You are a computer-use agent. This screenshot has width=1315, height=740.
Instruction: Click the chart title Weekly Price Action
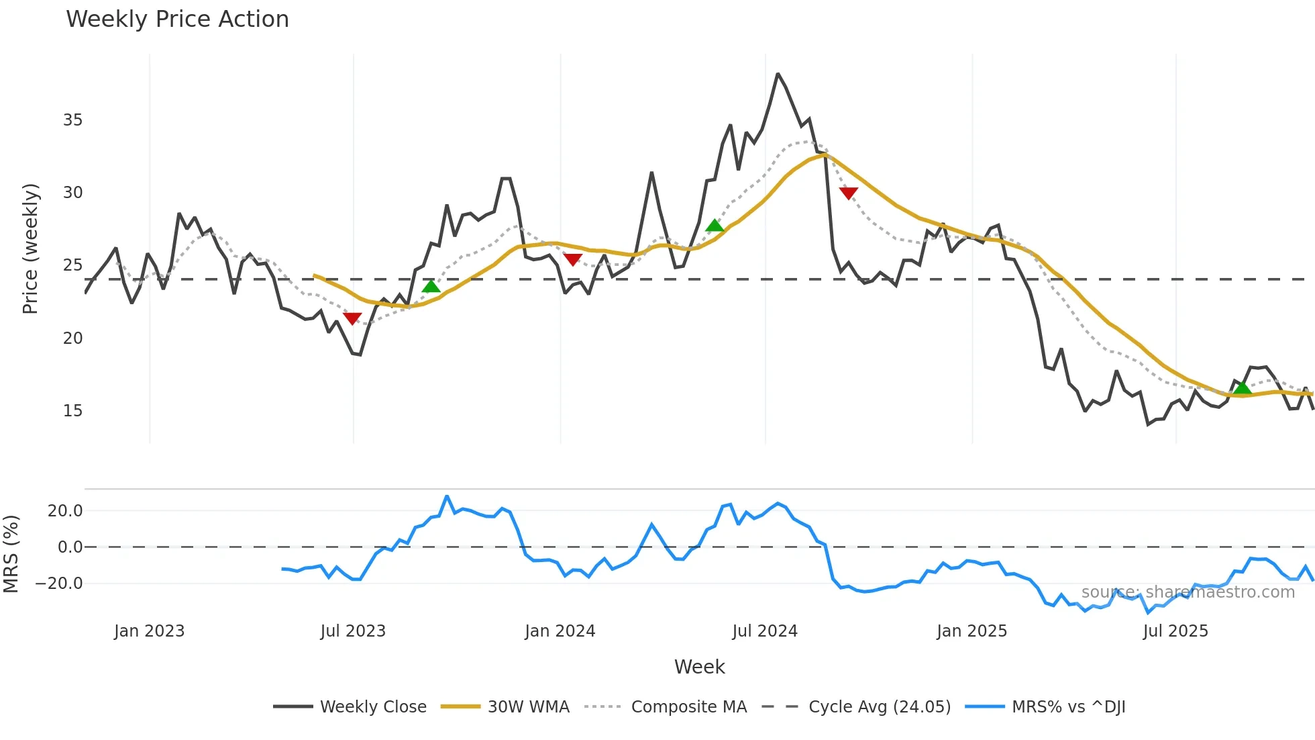coord(177,19)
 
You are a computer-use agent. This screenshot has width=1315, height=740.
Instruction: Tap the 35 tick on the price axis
coord(72,120)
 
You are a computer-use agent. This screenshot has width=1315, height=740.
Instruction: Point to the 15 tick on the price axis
coord(72,411)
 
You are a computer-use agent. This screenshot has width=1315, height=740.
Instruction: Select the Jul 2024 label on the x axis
coord(764,631)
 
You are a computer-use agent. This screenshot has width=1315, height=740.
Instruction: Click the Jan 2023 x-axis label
coord(149,631)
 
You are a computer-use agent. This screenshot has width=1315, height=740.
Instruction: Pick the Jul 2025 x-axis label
coord(1175,631)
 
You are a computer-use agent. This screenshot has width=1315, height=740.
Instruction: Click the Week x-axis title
coord(699,667)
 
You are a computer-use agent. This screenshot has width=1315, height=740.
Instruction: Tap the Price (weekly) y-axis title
coord(30,248)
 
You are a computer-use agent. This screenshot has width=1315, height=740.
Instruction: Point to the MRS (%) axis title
coord(11,554)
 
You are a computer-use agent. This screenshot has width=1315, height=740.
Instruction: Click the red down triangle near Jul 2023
coord(352,318)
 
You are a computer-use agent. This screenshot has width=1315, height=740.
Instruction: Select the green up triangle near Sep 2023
coord(431,287)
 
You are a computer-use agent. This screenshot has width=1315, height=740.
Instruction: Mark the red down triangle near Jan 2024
coord(572,260)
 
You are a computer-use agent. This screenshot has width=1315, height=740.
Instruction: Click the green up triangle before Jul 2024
coord(715,226)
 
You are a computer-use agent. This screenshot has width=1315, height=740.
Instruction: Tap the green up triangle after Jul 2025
coord(1243,388)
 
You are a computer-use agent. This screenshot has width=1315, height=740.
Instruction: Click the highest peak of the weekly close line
coord(778,74)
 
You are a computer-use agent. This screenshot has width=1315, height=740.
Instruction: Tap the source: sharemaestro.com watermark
coord(1188,592)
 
